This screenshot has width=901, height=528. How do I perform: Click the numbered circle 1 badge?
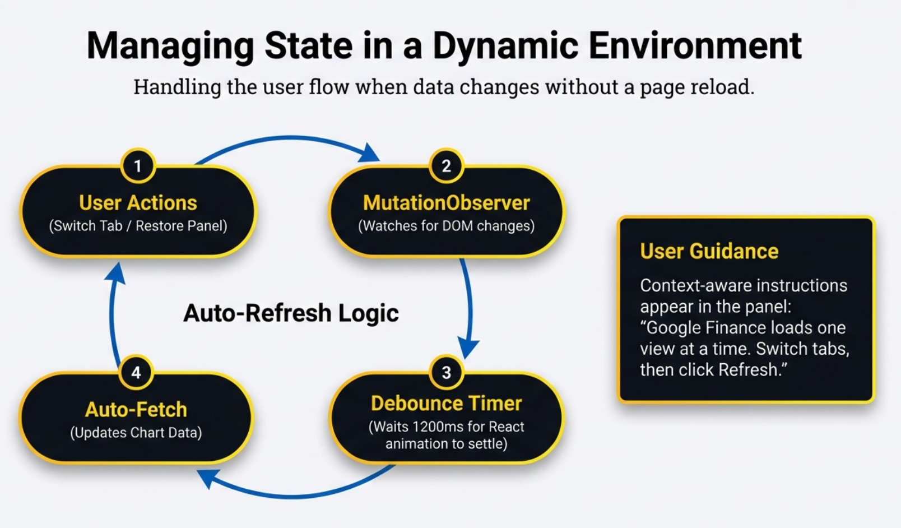click(x=137, y=166)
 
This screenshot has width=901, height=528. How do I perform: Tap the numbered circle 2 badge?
click(x=446, y=166)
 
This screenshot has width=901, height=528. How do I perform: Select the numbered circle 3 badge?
click(x=446, y=372)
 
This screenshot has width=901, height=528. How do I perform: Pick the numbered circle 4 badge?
click(x=136, y=372)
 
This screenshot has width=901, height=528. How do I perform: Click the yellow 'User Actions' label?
click(x=138, y=202)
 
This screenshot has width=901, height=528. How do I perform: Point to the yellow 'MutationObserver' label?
click(x=446, y=202)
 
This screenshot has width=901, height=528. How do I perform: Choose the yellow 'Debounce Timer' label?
click(x=446, y=403)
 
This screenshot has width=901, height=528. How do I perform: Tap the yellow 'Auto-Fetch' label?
click(x=136, y=409)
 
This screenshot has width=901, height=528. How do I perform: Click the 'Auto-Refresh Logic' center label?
click(x=291, y=313)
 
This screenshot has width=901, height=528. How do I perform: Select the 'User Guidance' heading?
click(x=709, y=251)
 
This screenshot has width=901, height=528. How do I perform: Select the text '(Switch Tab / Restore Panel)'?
click(x=138, y=226)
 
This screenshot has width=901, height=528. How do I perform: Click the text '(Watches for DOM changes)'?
click(x=446, y=226)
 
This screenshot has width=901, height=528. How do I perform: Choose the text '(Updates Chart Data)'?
click(x=136, y=433)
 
